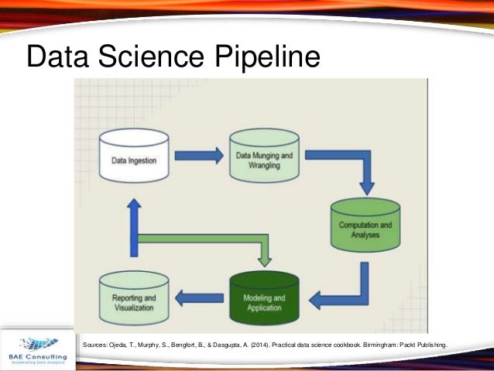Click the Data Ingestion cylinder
pyautogui.click(x=135, y=158)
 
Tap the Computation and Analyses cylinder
pyautogui.click(x=365, y=226)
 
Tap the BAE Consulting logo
pyautogui.click(x=37, y=346)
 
